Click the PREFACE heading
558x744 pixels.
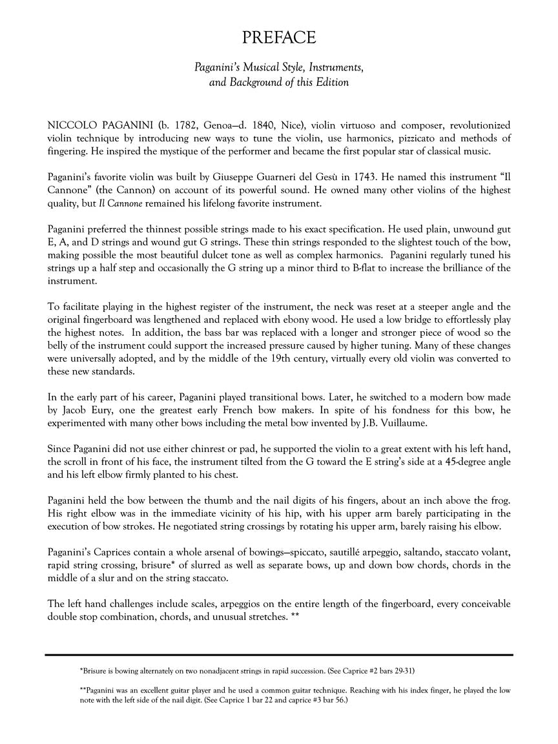click(279, 38)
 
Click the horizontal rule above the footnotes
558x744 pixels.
click(279, 655)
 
